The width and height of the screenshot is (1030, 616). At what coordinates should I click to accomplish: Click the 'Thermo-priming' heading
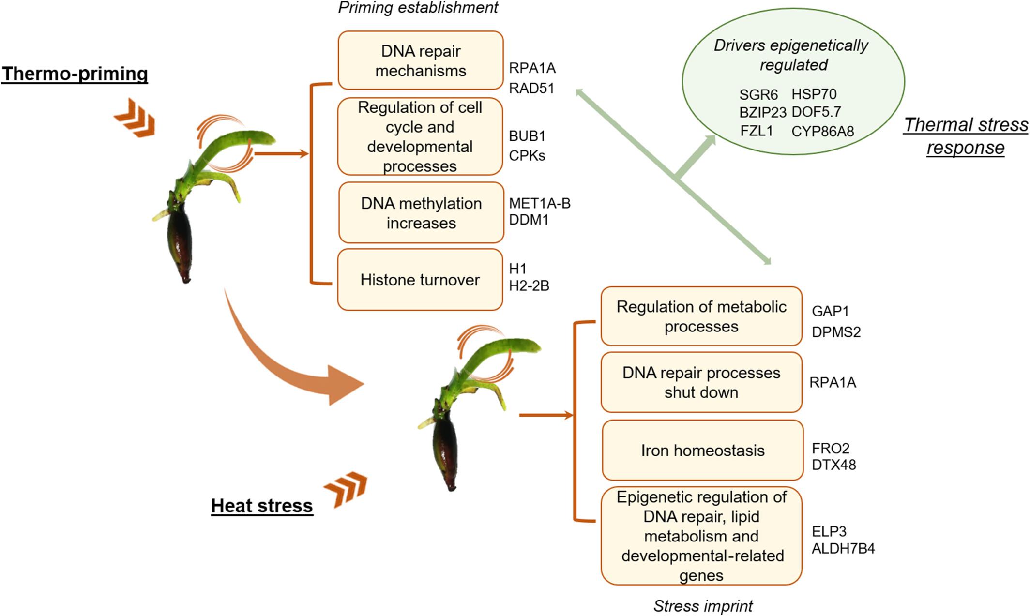tap(75, 74)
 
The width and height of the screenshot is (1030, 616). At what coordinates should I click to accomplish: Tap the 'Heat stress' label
tap(262, 505)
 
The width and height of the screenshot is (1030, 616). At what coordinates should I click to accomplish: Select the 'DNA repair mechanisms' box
tap(421, 60)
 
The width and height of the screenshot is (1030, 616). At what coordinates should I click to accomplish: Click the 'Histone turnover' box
tap(420, 280)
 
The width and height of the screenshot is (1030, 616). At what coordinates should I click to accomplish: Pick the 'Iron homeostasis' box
tap(702, 450)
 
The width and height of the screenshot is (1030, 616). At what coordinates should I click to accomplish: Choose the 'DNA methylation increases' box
tap(421, 213)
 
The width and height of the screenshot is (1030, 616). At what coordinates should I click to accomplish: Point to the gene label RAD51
tap(531, 89)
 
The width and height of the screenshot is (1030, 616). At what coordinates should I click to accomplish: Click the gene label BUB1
tap(527, 136)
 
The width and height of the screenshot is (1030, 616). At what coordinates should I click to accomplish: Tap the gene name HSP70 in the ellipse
tap(814, 94)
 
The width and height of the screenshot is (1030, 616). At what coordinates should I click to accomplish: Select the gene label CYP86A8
tap(822, 131)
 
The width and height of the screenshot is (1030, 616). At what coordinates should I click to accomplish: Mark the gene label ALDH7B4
tap(843, 549)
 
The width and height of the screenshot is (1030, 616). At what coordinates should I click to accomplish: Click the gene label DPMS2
tap(836, 332)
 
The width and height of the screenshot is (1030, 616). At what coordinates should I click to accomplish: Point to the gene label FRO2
tap(831, 448)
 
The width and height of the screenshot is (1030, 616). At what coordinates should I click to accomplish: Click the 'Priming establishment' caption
tap(418, 8)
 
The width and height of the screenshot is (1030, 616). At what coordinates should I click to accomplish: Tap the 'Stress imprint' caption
tap(703, 606)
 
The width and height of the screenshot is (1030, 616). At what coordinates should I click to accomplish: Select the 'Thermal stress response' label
tap(966, 136)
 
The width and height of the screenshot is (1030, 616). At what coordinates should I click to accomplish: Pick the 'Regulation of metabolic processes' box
tap(701, 316)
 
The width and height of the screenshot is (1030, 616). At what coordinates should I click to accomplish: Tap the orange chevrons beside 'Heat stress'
tap(346, 489)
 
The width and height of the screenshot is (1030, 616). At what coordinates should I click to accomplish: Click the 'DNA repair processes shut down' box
tap(701, 382)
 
